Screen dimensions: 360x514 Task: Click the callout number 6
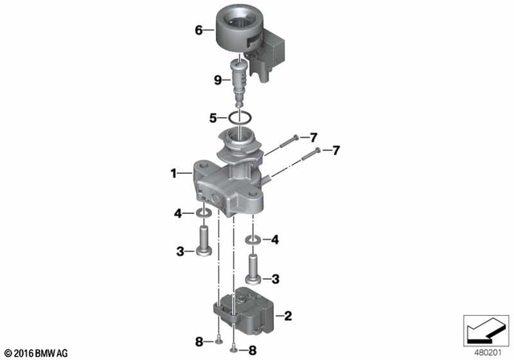coord(198,31)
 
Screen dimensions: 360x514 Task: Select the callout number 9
coord(217,79)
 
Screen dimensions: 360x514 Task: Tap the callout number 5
coord(214,117)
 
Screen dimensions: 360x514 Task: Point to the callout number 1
coord(172,172)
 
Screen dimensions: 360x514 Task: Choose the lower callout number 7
coord(337,150)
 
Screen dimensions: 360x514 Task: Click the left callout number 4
coord(178,213)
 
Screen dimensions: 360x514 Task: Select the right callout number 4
coord(275,239)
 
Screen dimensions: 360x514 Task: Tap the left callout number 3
coord(182,252)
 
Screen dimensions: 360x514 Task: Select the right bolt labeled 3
coord(254,269)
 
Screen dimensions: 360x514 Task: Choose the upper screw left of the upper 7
coord(295,138)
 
